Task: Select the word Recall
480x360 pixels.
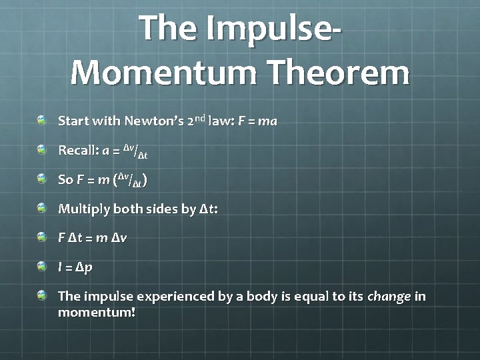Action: tap(78, 151)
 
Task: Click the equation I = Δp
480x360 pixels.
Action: tap(75, 267)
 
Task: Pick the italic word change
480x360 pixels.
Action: tap(389, 296)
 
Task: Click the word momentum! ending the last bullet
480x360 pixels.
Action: tap(97, 312)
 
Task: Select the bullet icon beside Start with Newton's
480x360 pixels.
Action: tap(42, 121)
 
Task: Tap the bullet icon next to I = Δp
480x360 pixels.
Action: tap(42, 267)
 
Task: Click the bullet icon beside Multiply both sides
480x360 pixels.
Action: tap(42, 208)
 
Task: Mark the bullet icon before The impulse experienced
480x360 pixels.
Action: tap(42, 295)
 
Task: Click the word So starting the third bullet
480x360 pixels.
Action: tap(65, 180)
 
